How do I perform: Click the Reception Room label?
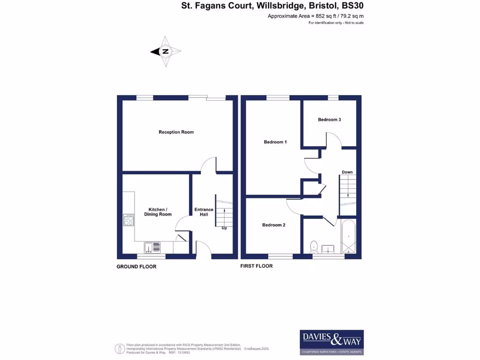tap(176, 132)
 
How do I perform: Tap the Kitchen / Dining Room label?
tap(160, 212)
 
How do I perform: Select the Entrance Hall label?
tap(204, 212)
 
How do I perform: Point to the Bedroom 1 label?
tap(275, 142)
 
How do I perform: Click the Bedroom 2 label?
tap(273, 225)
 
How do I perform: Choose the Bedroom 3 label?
tap(329, 120)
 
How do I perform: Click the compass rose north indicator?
tap(165, 52)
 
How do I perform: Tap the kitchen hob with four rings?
tap(128, 220)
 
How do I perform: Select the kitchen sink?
tap(152, 247)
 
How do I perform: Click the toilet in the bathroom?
tap(314, 246)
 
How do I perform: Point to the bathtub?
tap(348, 237)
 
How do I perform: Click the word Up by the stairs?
tap(224, 228)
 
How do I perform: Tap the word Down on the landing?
tap(347, 172)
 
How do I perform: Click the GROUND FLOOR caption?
tap(136, 267)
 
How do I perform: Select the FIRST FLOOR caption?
tap(256, 266)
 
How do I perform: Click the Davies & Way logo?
tap(331, 342)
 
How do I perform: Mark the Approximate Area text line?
tap(315, 16)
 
